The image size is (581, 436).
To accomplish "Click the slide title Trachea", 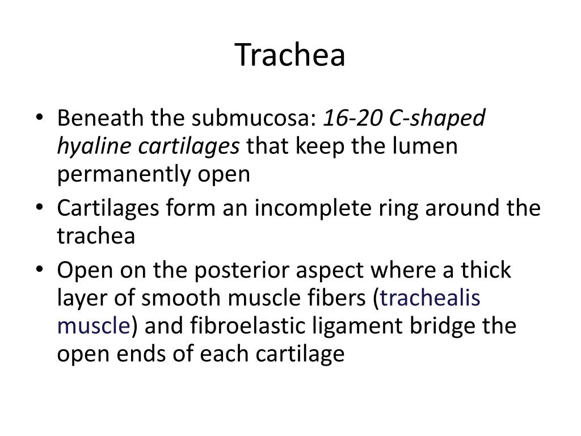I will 290,55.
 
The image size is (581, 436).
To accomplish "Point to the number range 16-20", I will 344,119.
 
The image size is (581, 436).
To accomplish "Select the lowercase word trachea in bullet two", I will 96,236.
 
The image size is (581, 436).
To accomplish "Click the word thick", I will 483,270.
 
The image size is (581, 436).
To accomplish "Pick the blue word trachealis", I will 431,298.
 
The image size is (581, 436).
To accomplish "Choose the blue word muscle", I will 94,326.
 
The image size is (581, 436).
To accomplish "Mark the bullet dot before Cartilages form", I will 38,209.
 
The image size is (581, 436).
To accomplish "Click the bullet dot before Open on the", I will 38,270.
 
